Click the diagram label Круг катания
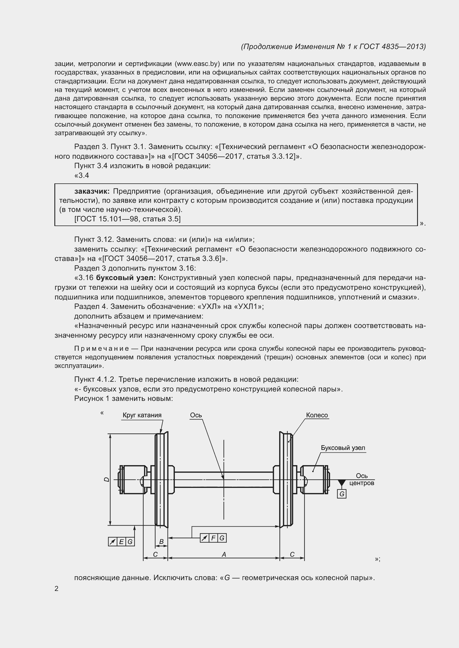[x=142, y=415]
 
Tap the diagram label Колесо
[x=317, y=415]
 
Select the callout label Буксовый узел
[x=343, y=448]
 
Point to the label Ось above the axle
[x=196, y=415]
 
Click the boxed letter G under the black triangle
[x=342, y=494]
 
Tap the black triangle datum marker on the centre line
[x=342, y=483]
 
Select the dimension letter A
[x=224, y=555]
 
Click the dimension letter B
[x=162, y=542]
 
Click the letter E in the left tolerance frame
[x=121, y=542]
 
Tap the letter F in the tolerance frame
[x=213, y=538]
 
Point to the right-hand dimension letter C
[x=292, y=554]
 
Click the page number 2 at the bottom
[x=57, y=589]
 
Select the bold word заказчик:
[x=92, y=191]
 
